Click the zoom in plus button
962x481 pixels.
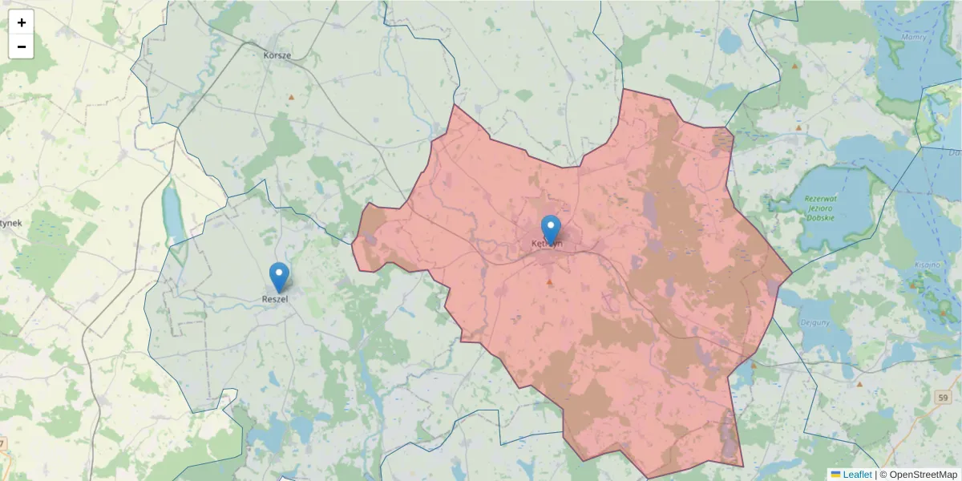pyautogui.click(x=22, y=22)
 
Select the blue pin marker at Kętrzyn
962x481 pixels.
pyautogui.click(x=551, y=229)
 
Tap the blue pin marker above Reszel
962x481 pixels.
pyautogui.click(x=279, y=277)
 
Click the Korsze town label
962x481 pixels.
pyautogui.click(x=277, y=55)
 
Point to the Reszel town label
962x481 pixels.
pyautogui.click(x=275, y=299)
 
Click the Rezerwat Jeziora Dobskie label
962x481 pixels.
pyautogui.click(x=813, y=208)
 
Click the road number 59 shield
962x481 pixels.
pyautogui.click(x=942, y=398)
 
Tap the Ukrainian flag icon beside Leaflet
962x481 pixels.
pyautogui.click(x=835, y=475)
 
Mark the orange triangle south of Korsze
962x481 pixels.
pyautogui.click(x=291, y=97)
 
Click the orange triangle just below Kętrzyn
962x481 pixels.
pyautogui.click(x=549, y=282)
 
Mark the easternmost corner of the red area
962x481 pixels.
pyautogui.click(x=792, y=273)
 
